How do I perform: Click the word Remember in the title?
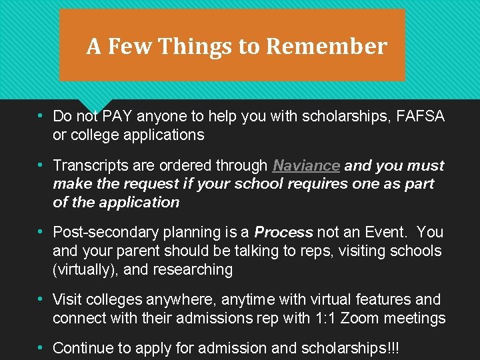click(326, 47)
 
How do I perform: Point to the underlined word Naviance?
click(306, 165)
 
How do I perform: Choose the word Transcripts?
click(92, 165)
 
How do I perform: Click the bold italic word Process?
click(283, 233)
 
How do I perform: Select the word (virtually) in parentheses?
click(85, 270)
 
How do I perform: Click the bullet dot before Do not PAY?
click(41, 115)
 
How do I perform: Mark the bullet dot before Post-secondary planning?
click(41, 232)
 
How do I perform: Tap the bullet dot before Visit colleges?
click(41, 299)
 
